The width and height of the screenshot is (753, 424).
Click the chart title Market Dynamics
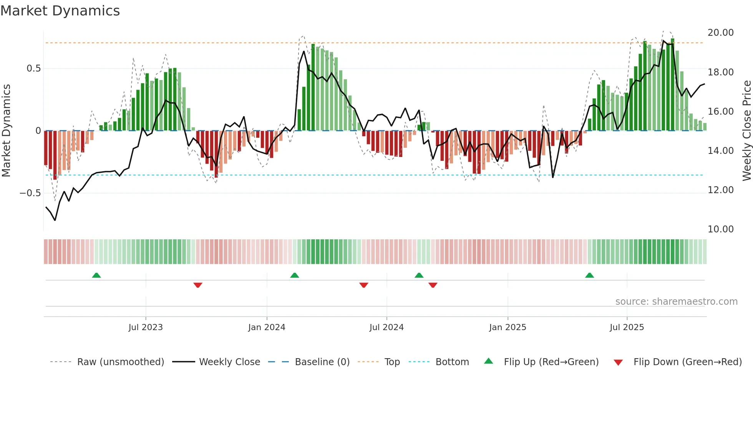[x=60, y=11]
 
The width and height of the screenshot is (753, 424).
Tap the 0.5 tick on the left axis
[x=33, y=68]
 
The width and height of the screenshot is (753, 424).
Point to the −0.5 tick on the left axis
[x=30, y=193]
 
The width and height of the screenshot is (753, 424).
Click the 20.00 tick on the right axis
[x=720, y=33]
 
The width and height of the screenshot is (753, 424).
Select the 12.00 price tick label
[x=720, y=190]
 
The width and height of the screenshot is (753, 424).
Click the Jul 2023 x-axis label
[x=146, y=327]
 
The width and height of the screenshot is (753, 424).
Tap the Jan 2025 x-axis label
[x=508, y=327]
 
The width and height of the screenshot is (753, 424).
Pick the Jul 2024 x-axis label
[x=386, y=327]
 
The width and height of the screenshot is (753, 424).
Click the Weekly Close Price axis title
[x=746, y=131]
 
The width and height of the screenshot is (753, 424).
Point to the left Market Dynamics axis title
[x=6, y=131]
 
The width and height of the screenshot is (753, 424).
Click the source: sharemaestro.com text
[x=676, y=302]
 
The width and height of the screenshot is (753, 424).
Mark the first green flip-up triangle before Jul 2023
[x=96, y=275]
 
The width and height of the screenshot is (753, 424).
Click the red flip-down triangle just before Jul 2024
[x=364, y=285]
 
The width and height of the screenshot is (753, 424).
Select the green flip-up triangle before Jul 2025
[x=589, y=275]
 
